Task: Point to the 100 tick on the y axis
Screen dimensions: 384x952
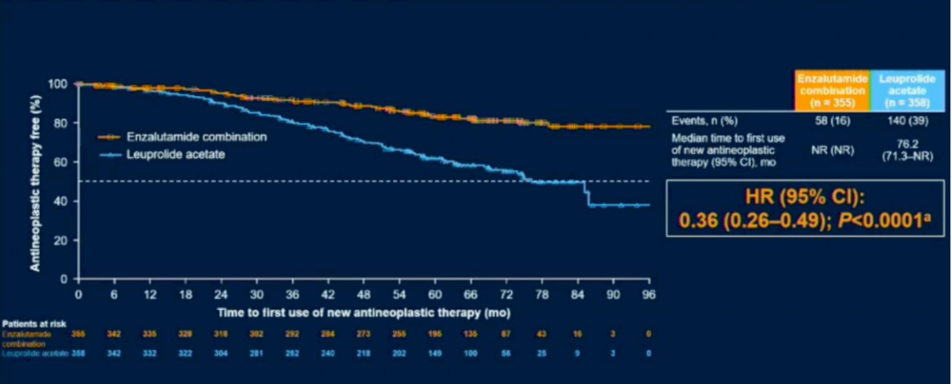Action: [x=58, y=84]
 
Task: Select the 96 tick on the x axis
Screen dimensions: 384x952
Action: [x=649, y=293]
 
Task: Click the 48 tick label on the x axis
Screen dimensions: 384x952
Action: [x=363, y=293]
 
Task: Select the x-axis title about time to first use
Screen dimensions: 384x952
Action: [x=363, y=311]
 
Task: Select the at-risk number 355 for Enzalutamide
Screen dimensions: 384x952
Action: [x=78, y=336]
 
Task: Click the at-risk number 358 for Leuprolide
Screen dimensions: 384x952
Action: [x=78, y=352]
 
